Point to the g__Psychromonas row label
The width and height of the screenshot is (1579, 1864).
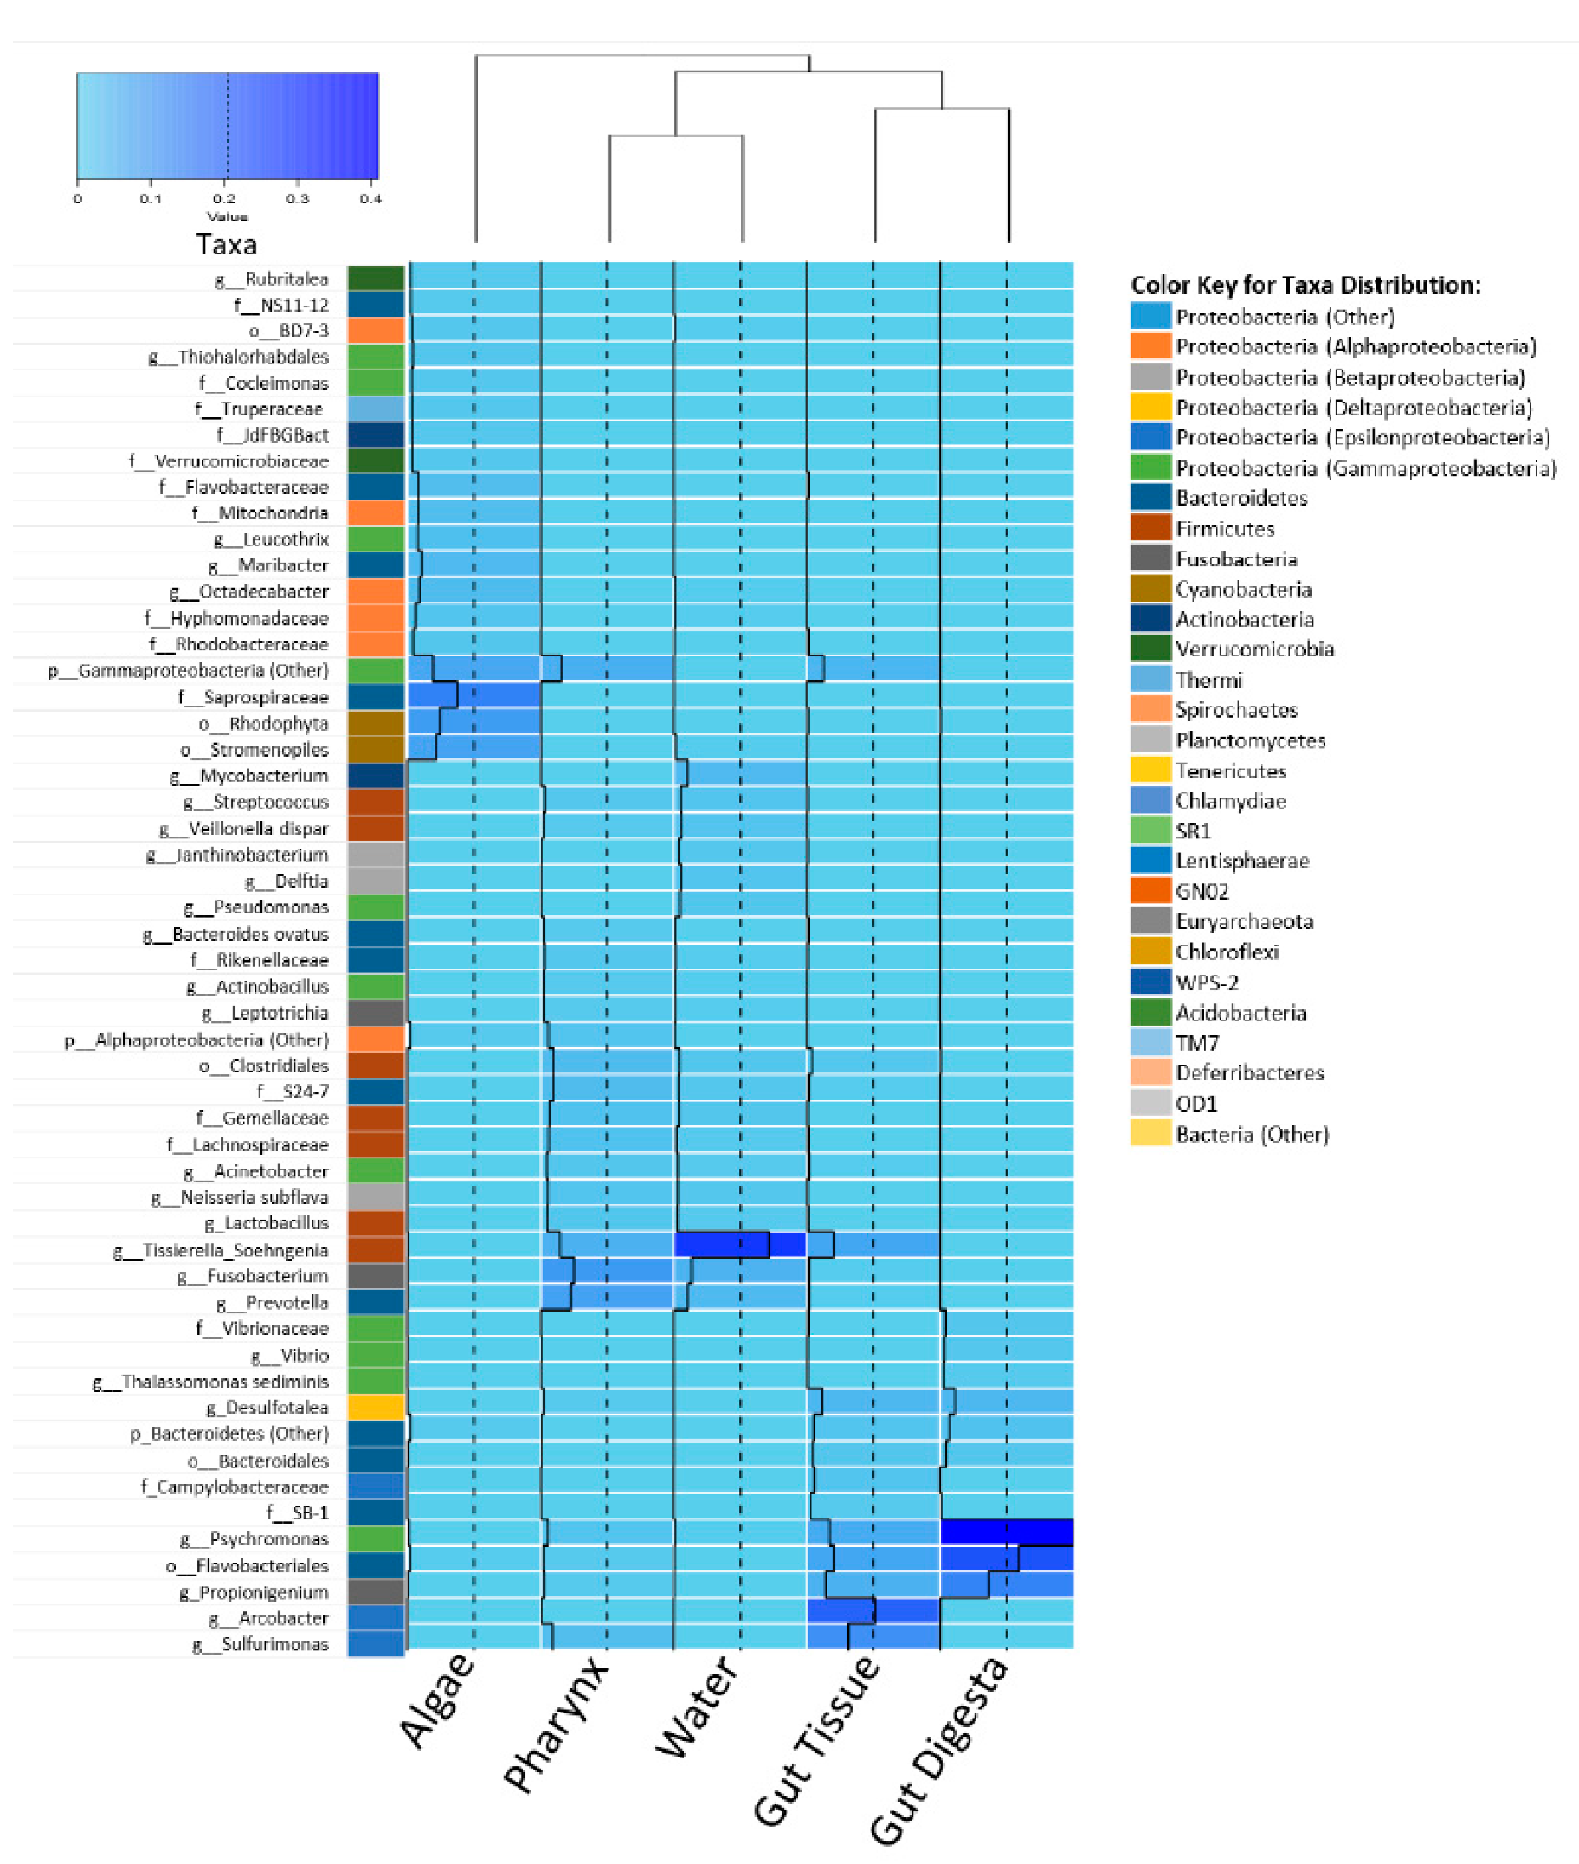tap(255, 1538)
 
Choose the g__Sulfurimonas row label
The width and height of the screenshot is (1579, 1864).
tap(260, 1644)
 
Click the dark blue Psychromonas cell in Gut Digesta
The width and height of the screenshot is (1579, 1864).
tap(1006, 1532)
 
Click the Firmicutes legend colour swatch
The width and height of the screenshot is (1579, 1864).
tap(1150, 528)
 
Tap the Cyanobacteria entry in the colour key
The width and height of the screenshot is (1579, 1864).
tap(1243, 589)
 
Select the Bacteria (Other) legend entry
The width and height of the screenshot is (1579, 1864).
tap(1251, 1134)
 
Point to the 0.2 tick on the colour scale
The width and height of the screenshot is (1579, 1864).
tap(225, 198)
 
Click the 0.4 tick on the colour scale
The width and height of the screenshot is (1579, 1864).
tap(370, 198)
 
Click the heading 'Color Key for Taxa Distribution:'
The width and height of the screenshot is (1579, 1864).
tap(1305, 285)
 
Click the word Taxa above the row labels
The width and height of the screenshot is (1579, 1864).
tap(226, 244)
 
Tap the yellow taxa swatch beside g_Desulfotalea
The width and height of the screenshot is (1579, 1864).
tap(376, 1407)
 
